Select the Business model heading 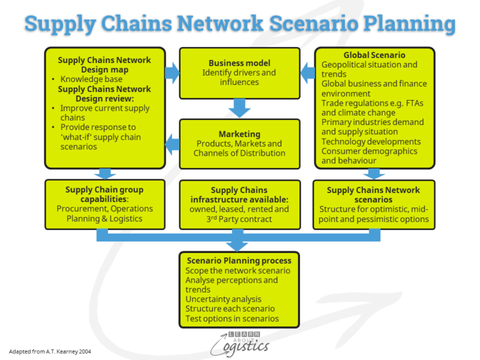coord(239,63)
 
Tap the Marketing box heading coord(239,134)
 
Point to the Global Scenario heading coord(374,55)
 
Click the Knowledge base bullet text coord(91,79)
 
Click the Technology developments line coord(371,142)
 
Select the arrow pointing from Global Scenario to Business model coord(307,74)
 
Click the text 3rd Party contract coord(239,219)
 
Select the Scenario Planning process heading coord(239,261)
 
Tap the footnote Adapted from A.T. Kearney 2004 coord(51,351)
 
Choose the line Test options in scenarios coord(232,319)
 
